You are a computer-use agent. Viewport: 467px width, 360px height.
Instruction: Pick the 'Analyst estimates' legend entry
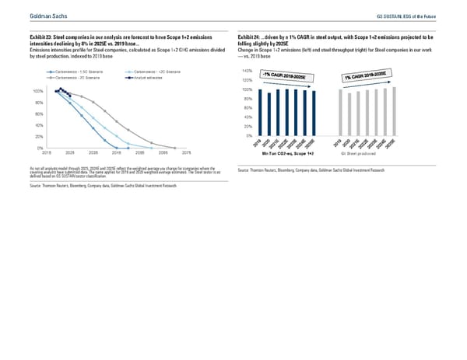coord(149,79)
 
